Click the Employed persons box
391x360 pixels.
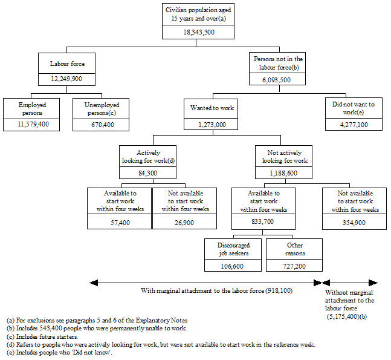coord(31,108)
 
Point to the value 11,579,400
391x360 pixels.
coord(31,125)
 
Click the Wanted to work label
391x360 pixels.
coord(212,108)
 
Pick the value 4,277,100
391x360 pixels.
coord(354,125)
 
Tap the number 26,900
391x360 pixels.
coord(186,222)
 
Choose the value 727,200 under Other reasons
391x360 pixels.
coord(294,265)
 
